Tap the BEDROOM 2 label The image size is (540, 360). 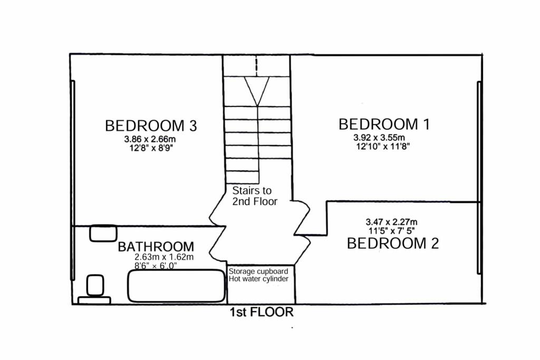(393, 244)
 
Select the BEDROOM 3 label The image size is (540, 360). (151, 126)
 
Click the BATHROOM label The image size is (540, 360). (156, 247)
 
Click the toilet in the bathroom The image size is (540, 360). (94, 287)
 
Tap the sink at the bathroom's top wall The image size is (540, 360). (103, 232)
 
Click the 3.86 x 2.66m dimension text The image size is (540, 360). (150, 139)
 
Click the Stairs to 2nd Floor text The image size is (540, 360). (255, 196)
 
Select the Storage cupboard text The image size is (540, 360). (258, 271)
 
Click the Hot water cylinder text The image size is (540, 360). (258, 279)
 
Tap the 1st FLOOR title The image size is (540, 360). (262, 312)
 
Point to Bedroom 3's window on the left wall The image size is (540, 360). (73, 153)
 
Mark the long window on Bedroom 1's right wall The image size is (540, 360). (479, 177)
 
